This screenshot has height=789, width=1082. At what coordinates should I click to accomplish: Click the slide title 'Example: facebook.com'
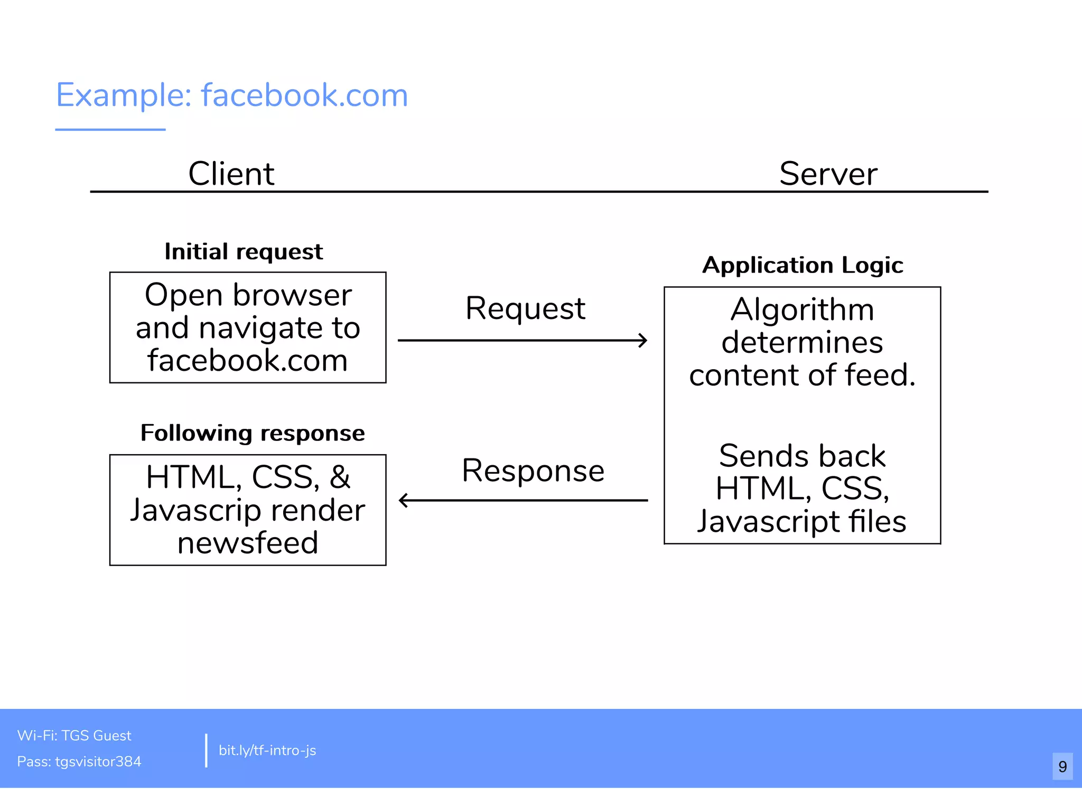232,96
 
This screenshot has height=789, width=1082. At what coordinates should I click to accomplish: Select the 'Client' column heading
231,174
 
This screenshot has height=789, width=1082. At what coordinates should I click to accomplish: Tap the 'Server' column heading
828,174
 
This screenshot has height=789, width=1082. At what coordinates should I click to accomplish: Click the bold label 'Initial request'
244,252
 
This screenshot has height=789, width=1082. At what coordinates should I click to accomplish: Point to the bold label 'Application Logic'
803,265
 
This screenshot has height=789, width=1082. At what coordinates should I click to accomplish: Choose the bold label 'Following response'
253,433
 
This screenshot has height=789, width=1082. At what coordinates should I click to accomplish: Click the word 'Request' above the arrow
525,308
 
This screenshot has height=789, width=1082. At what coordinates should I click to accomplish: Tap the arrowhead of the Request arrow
643,341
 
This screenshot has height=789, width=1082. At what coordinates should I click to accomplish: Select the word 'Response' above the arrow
533,471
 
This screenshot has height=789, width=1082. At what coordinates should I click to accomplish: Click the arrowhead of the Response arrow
404,500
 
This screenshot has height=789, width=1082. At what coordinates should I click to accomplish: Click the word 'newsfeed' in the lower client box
248,543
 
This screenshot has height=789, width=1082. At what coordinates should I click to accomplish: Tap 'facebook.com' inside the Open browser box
248,361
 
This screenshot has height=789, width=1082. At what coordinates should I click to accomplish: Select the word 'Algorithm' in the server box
802,309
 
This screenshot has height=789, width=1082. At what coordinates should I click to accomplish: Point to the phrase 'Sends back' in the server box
802,456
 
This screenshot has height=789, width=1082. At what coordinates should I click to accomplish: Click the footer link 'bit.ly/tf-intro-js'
267,750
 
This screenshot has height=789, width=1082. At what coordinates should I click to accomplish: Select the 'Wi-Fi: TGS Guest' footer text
74,736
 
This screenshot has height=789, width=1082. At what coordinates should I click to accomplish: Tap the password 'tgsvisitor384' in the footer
98,762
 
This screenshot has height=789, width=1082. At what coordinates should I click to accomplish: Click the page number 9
1062,766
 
